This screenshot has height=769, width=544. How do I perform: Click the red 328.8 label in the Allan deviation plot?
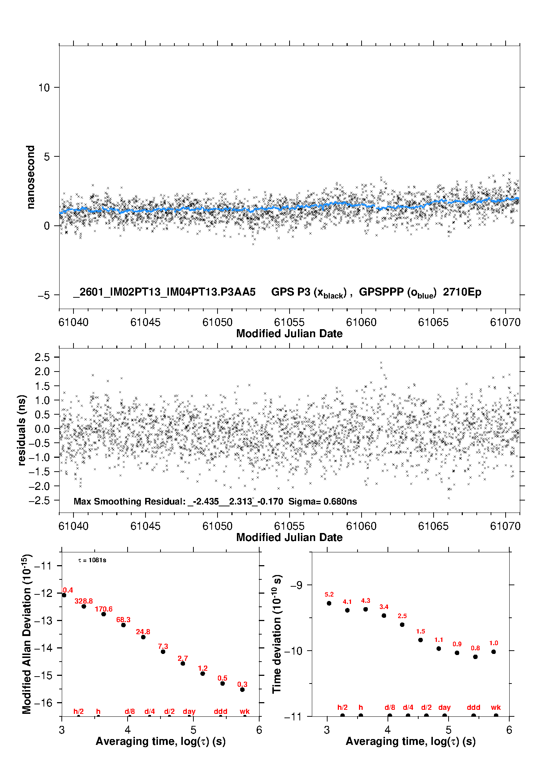pos(84,601)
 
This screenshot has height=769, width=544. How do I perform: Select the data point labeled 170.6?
pos(103,614)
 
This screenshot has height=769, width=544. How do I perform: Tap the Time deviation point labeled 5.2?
pos(329,603)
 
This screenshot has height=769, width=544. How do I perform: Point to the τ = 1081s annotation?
pos(92,560)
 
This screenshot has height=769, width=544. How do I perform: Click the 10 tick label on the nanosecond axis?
pos(44,88)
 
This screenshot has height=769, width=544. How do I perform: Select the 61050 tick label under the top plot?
pos(217,322)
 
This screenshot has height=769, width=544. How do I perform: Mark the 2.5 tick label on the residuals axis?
pos(42,357)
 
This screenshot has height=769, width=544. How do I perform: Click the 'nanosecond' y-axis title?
pos(30,177)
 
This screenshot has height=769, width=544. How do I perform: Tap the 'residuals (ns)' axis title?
pos(22,430)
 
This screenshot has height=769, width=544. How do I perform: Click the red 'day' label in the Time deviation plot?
pos(444,708)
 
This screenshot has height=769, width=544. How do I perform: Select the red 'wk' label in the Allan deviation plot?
pos(245,711)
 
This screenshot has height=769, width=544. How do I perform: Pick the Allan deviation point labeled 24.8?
pos(143,637)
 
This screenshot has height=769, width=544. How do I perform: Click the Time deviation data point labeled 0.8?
pos(475,656)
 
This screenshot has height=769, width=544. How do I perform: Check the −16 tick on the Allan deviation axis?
pos(43,703)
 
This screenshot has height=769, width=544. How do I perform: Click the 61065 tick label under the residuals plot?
pos(433,526)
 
